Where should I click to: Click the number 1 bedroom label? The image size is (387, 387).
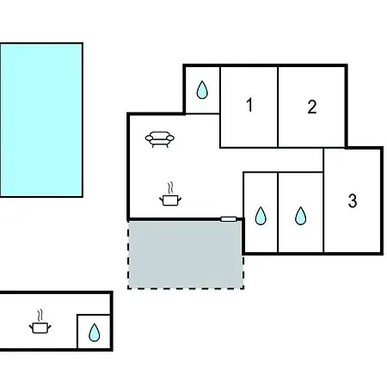click(x=249, y=105)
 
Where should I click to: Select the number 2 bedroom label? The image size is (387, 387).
click(x=312, y=107)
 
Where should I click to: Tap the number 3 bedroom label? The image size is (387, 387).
click(x=353, y=200)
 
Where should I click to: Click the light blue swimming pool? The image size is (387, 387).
click(x=41, y=120)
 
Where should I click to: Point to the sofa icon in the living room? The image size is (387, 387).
click(x=160, y=139)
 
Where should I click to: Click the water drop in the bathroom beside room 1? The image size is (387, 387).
click(x=202, y=90)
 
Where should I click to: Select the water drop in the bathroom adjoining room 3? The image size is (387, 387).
click(x=300, y=216)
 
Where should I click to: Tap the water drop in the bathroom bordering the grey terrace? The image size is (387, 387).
click(x=261, y=216)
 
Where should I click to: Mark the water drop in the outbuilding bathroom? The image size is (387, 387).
click(x=95, y=333)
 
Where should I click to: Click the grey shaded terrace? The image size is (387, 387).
click(x=186, y=255)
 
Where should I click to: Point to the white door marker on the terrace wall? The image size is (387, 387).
click(x=229, y=219)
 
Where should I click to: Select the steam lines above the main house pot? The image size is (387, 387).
click(x=170, y=187)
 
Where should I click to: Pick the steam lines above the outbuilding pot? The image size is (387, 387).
click(x=40, y=316)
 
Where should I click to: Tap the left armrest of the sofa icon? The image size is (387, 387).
click(x=149, y=138)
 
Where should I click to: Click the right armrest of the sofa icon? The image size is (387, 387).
click(x=170, y=138)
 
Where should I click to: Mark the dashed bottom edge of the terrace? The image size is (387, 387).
click(x=186, y=288)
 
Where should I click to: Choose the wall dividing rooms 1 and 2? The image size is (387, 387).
click(x=278, y=107)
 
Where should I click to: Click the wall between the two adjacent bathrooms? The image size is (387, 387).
click(x=278, y=212)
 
